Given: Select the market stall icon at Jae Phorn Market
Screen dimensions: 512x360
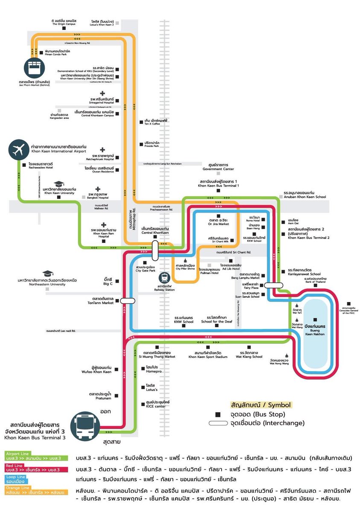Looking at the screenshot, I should (x=33, y=68).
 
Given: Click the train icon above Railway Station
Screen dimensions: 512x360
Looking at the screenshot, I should (x=164, y=277).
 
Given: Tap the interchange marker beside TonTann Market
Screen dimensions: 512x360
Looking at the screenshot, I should (x=127, y=301).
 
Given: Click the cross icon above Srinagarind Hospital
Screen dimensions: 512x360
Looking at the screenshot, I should (x=102, y=93).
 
